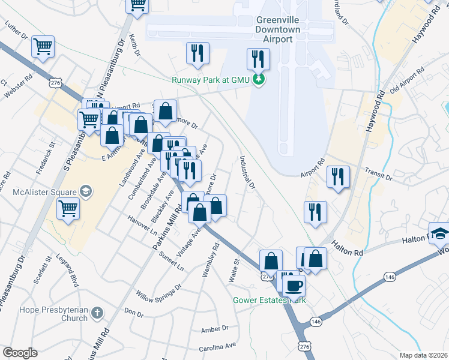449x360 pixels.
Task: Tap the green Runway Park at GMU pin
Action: tap(259, 79)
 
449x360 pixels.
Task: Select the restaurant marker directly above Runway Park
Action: tap(258, 59)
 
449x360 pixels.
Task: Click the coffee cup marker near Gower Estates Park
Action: tap(294, 286)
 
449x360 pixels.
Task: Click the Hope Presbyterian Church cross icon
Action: tap(97, 313)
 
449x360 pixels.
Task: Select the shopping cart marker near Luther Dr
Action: tap(43, 46)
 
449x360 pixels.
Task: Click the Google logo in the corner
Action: tap(20, 353)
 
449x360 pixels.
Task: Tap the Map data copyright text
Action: tap(424, 355)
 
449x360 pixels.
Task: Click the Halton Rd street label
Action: tap(348, 253)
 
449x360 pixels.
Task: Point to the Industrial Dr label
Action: tap(248, 173)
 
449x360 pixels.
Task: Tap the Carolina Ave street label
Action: tap(217, 347)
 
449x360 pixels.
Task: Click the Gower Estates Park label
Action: tap(270, 299)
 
